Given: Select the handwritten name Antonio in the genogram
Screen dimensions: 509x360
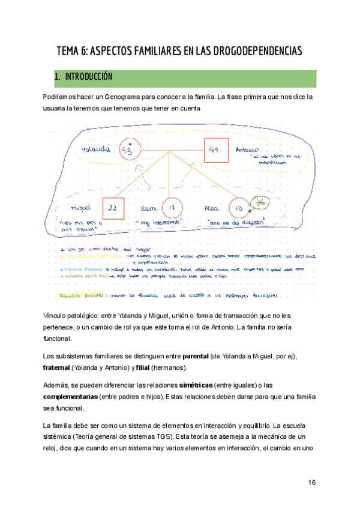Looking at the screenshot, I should coord(247,149).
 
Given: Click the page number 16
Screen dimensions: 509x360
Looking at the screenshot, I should coord(311,483).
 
